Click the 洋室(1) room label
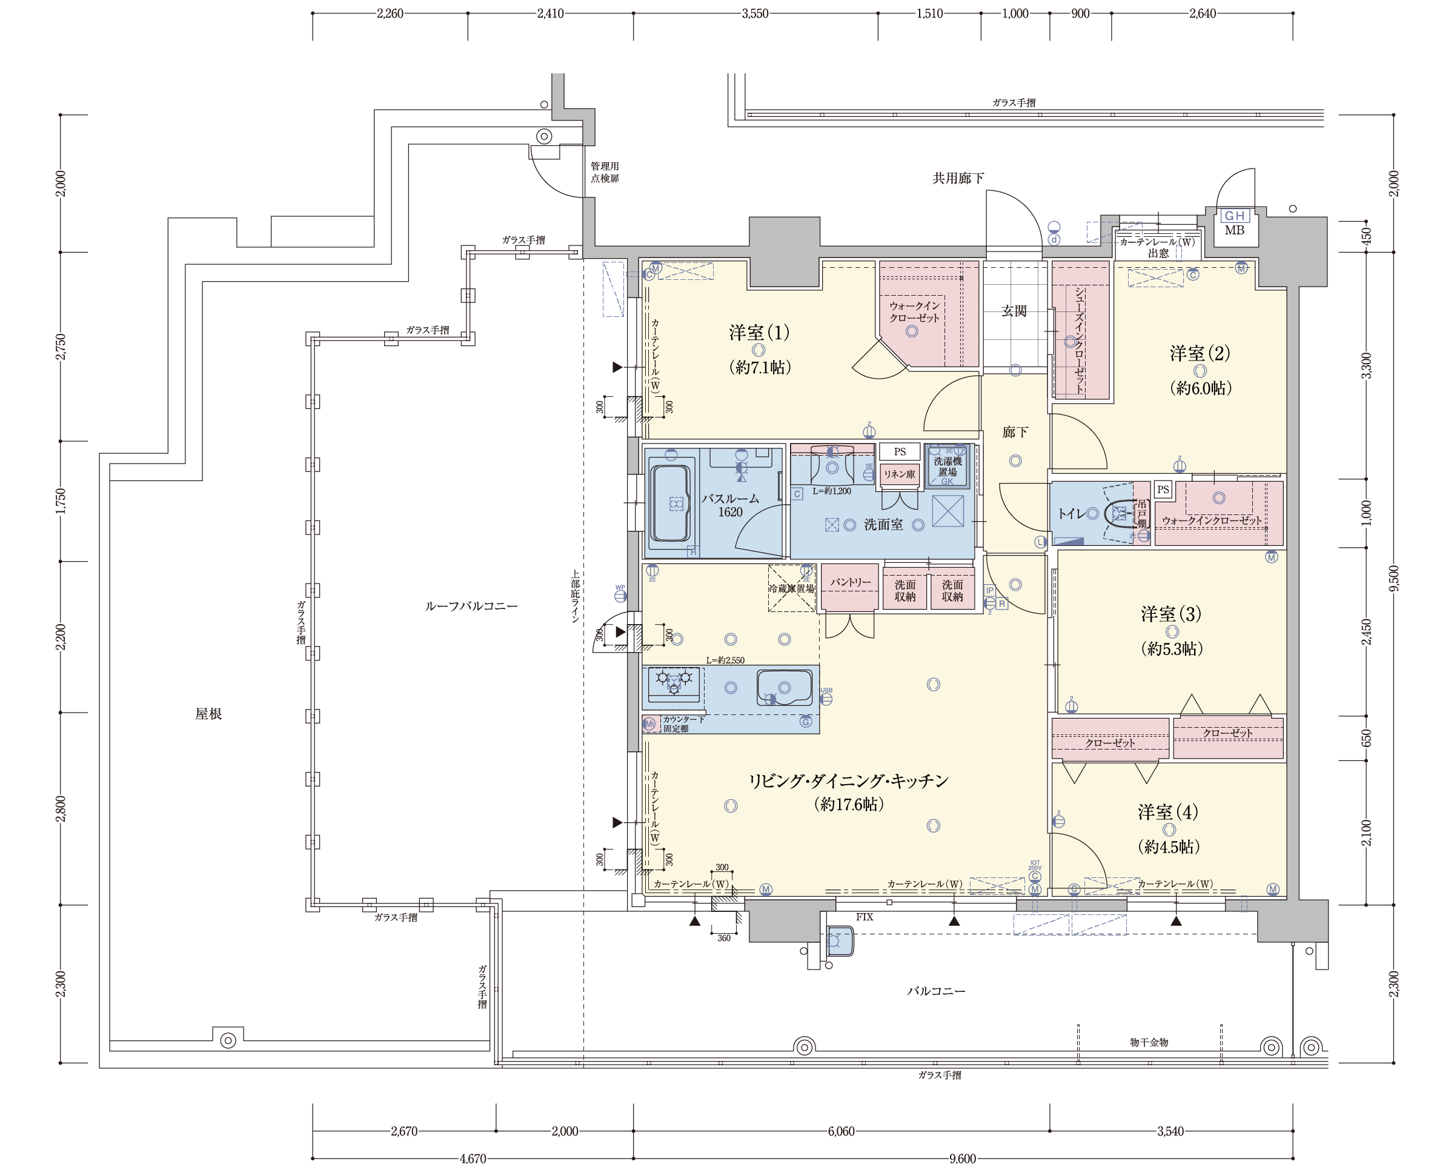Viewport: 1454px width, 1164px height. pyautogui.click(x=759, y=333)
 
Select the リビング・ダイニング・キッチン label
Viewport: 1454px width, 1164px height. pyautogui.click(x=848, y=781)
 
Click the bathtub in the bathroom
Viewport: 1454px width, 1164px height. pyautogui.click(x=670, y=502)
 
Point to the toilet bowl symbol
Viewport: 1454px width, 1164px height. pyautogui.click(x=1118, y=514)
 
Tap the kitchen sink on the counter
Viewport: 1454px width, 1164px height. pyautogui.click(x=784, y=687)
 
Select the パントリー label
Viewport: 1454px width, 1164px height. pyautogui.click(x=850, y=582)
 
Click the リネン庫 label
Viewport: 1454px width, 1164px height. pyautogui.click(x=900, y=474)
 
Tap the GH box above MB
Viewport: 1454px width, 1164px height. pyautogui.click(x=1234, y=216)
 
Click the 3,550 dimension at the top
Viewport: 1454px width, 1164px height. pyautogui.click(x=755, y=13)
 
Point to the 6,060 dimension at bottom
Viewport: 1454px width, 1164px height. pyautogui.click(x=841, y=1131)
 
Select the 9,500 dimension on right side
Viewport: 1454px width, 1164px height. pyautogui.click(x=1394, y=578)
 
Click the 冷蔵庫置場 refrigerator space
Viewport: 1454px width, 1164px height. pyautogui.click(x=791, y=588)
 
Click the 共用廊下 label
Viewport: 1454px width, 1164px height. pyautogui.click(x=958, y=178)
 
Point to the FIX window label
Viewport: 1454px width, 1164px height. pyautogui.click(x=864, y=917)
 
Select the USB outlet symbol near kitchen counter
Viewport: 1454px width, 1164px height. pyautogui.click(x=826, y=697)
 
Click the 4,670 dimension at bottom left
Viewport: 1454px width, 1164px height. pyautogui.click(x=472, y=1158)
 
